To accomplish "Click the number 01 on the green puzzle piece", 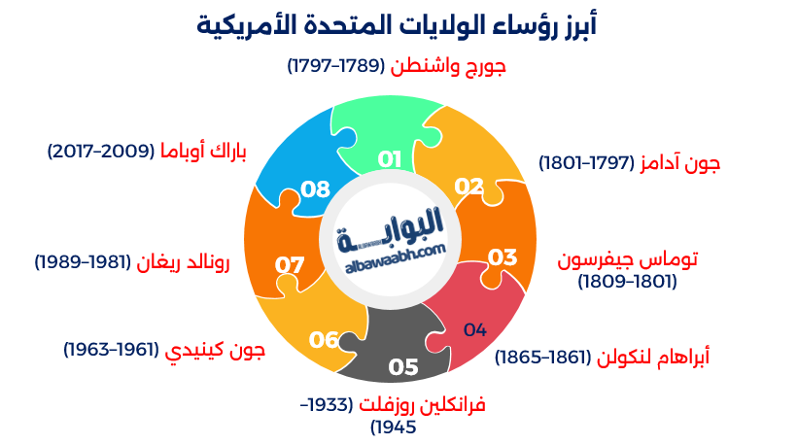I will coord(390,158).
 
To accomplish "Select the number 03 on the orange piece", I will coord(502,257).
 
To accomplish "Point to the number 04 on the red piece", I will coord(474,329).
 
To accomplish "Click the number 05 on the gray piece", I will coord(402,367).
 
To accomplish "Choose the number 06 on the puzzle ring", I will coord(324,339).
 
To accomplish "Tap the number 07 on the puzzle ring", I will coord(290,264).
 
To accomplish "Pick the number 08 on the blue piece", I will coord(316,188).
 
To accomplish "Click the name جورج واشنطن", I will coord(449,66).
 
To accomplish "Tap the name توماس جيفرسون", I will coord(628,260).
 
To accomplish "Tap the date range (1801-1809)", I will coord(627,282).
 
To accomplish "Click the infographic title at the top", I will coord(398,22).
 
